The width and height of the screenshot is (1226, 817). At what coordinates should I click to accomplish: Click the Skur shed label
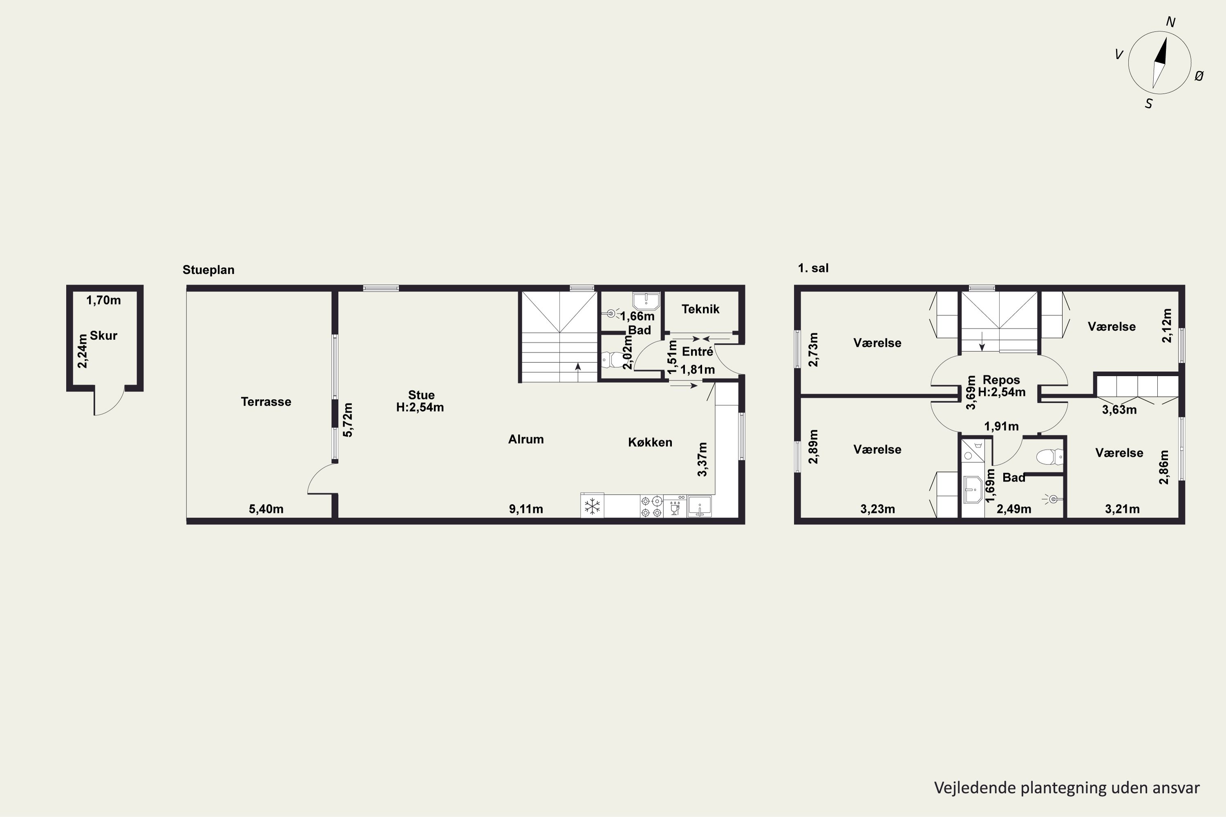click(x=103, y=335)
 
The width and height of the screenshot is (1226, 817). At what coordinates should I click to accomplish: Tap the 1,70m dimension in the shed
click(x=103, y=300)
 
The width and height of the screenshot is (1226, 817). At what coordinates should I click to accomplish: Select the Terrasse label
click(x=266, y=402)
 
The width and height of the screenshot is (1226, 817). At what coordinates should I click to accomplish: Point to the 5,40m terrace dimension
click(x=266, y=509)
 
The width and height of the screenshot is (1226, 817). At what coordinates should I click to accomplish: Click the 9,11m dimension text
click(x=526, y=509)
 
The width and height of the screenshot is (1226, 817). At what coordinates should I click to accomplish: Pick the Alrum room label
click(x=526, y=439)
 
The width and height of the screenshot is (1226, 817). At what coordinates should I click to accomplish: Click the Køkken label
click(x=650, y=442)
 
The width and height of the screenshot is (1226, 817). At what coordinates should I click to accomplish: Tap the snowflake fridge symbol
click(x=592, y=506)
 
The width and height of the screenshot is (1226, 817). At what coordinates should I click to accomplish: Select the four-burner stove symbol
click(x=651, y=507)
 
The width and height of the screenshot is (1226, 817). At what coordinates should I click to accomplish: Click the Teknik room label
click(x=700, y=309)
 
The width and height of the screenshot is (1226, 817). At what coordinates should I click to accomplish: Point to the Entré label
click(x=698, y=352)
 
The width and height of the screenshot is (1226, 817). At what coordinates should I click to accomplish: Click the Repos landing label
click(x=1001, y=380)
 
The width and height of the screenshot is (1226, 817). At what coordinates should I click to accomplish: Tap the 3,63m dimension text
click(x=1119, y=410)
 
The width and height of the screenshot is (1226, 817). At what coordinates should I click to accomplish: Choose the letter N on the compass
click(x=1170, y=22)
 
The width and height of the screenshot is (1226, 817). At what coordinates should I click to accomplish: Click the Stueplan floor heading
click(x=208, y=270)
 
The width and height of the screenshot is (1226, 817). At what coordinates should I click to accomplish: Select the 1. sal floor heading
click(x=813, y=268)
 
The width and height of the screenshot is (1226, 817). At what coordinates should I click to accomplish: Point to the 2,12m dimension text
click(x=1167, y=326)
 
